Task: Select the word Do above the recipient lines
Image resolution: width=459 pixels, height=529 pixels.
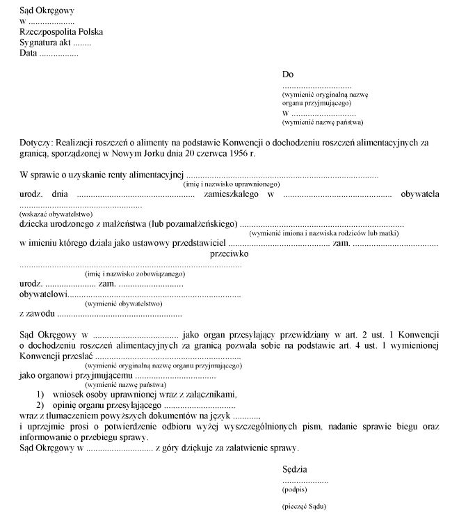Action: (x=288, y=74)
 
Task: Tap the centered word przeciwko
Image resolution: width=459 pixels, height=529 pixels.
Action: (x=229, y=254)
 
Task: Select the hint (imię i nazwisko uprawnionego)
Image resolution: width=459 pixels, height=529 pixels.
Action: (x=231, y=184)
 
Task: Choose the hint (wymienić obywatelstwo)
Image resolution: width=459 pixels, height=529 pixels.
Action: (x=123, y=303)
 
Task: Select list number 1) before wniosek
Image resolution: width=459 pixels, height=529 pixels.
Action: (x=42, y=394)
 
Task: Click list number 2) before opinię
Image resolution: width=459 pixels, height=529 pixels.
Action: (x=42, y=404)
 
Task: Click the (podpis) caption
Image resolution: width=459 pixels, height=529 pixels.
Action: (x=295, y=490)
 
